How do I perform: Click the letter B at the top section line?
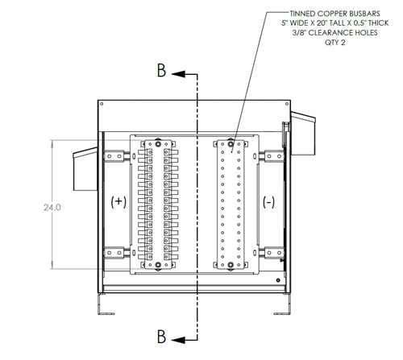162,72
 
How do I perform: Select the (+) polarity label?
118,201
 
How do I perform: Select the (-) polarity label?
268,201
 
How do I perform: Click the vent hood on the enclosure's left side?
84,168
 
